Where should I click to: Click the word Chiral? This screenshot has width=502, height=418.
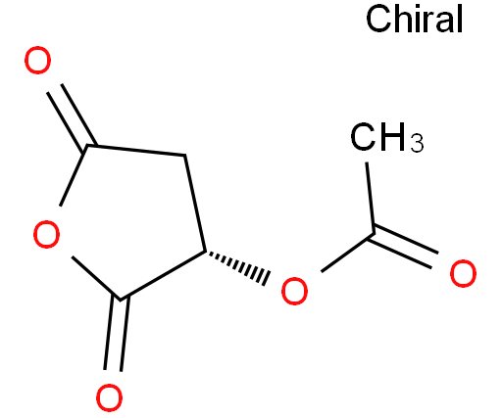click(414, 19)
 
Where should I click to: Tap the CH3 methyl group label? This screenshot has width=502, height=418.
click(386, 137)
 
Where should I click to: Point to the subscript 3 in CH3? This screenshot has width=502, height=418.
click(417, 143)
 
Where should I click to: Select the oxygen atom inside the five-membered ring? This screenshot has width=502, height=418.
click(47, 234)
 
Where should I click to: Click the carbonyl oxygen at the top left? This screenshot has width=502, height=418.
click(38, 61)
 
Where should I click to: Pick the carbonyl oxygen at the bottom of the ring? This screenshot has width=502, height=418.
click(110, 398)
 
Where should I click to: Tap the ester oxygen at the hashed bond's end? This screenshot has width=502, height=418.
click(294, 291)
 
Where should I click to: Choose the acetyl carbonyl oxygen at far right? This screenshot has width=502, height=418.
click(463, 273)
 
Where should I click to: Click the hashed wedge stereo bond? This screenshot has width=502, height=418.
click(237, 267)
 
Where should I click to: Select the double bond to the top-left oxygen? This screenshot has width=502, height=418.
click(72, 116)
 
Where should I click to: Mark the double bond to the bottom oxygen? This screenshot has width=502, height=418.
click(117, 334)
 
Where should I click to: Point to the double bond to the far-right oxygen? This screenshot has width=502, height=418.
click(403, 247)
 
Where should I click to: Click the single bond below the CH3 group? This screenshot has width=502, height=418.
click(370, 198)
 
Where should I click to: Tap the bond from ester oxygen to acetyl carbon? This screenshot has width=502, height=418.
click(347, 253)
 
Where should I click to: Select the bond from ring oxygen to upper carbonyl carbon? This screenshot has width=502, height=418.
click(74, 175)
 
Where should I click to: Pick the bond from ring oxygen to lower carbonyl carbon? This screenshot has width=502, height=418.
click(96, 278)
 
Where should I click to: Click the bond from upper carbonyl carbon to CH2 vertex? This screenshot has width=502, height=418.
click(136, 151)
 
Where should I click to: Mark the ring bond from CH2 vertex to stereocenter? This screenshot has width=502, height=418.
click(195, 204)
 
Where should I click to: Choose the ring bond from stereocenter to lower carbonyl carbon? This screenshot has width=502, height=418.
click(164, 276)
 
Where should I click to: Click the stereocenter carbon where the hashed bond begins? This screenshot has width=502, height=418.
click(206, 252)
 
